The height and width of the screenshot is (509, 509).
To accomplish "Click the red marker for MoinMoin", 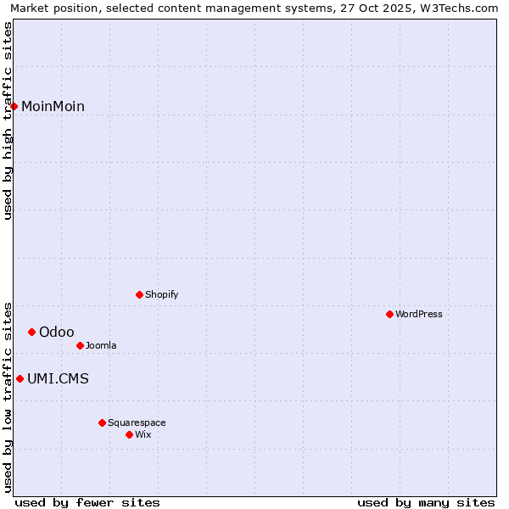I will tap(14, 106).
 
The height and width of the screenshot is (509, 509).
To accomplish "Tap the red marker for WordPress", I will tap(389, 314).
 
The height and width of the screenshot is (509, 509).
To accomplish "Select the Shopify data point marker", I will tap(139, 294).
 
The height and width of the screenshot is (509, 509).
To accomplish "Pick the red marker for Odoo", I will tap(31, 332).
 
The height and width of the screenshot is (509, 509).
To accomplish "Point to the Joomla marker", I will tap(80, 345).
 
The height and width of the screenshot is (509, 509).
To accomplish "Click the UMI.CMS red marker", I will tap(20, 378).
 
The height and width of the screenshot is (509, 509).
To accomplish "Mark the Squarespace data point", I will tap(102, 422).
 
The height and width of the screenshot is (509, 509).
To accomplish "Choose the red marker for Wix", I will tap(129, 434).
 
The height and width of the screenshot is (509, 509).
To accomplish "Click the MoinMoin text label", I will tap(53, 106).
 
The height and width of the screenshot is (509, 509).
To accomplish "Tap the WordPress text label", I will tap(419, 314).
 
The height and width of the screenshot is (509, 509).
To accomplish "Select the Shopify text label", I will tap(161, 294).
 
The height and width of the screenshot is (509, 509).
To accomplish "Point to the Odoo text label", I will tap(57, 332).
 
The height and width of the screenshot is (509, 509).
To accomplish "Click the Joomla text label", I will tap(101, 345).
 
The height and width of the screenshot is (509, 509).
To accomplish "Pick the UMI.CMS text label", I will tap(58, 378).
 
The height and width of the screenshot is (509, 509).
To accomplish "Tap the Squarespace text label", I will tap(137, 422).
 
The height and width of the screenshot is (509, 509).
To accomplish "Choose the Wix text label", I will tap(143, 434).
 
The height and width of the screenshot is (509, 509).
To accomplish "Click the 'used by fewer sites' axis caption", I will tap(87, 502).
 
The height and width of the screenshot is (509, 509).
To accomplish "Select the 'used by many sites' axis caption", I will tap(426, 502).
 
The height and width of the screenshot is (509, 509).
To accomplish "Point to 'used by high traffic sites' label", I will tap(8, 121).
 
